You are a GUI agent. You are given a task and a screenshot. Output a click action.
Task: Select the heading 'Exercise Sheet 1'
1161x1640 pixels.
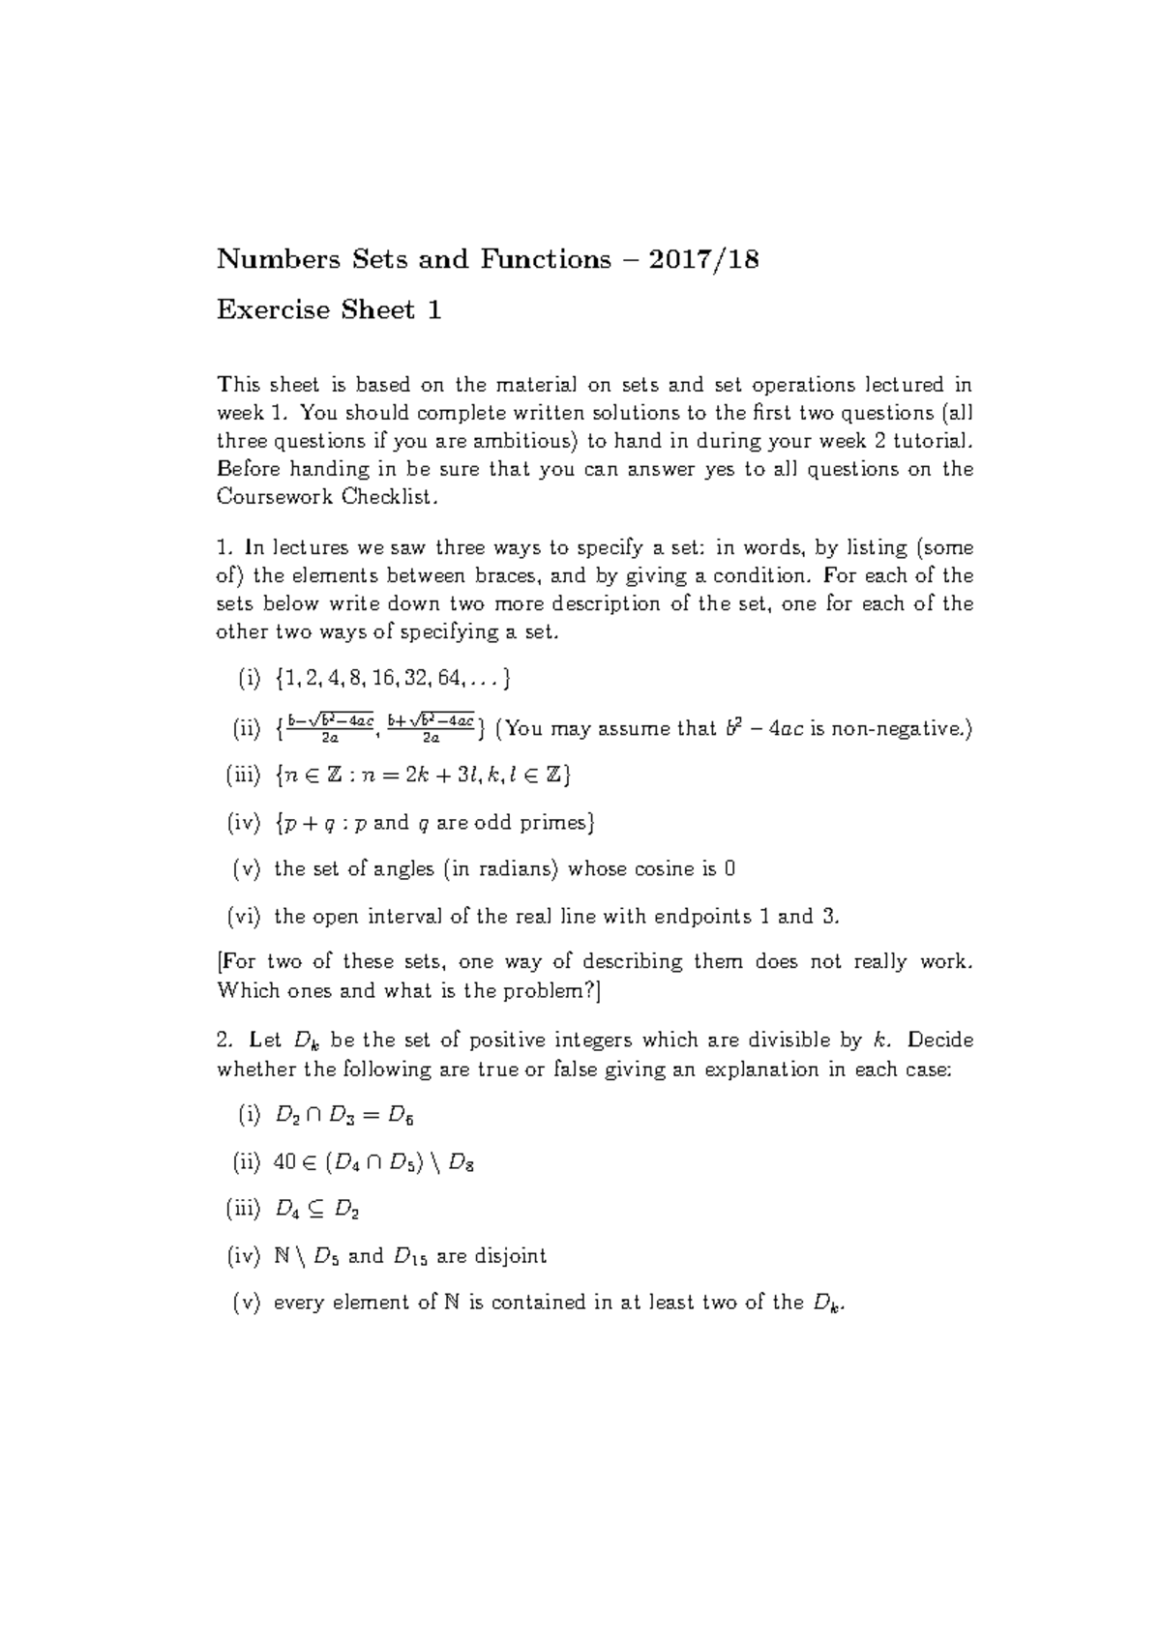[329, 310]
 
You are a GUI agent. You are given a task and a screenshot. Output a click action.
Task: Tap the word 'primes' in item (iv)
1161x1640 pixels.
[557, 823]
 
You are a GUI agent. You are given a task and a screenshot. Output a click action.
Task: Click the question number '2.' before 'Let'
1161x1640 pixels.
[224, 1040]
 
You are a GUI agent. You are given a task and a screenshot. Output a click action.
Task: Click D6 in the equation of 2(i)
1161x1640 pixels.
[400, 1116]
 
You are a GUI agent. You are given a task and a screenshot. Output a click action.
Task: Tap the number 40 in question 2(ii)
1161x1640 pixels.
[284, 1162]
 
